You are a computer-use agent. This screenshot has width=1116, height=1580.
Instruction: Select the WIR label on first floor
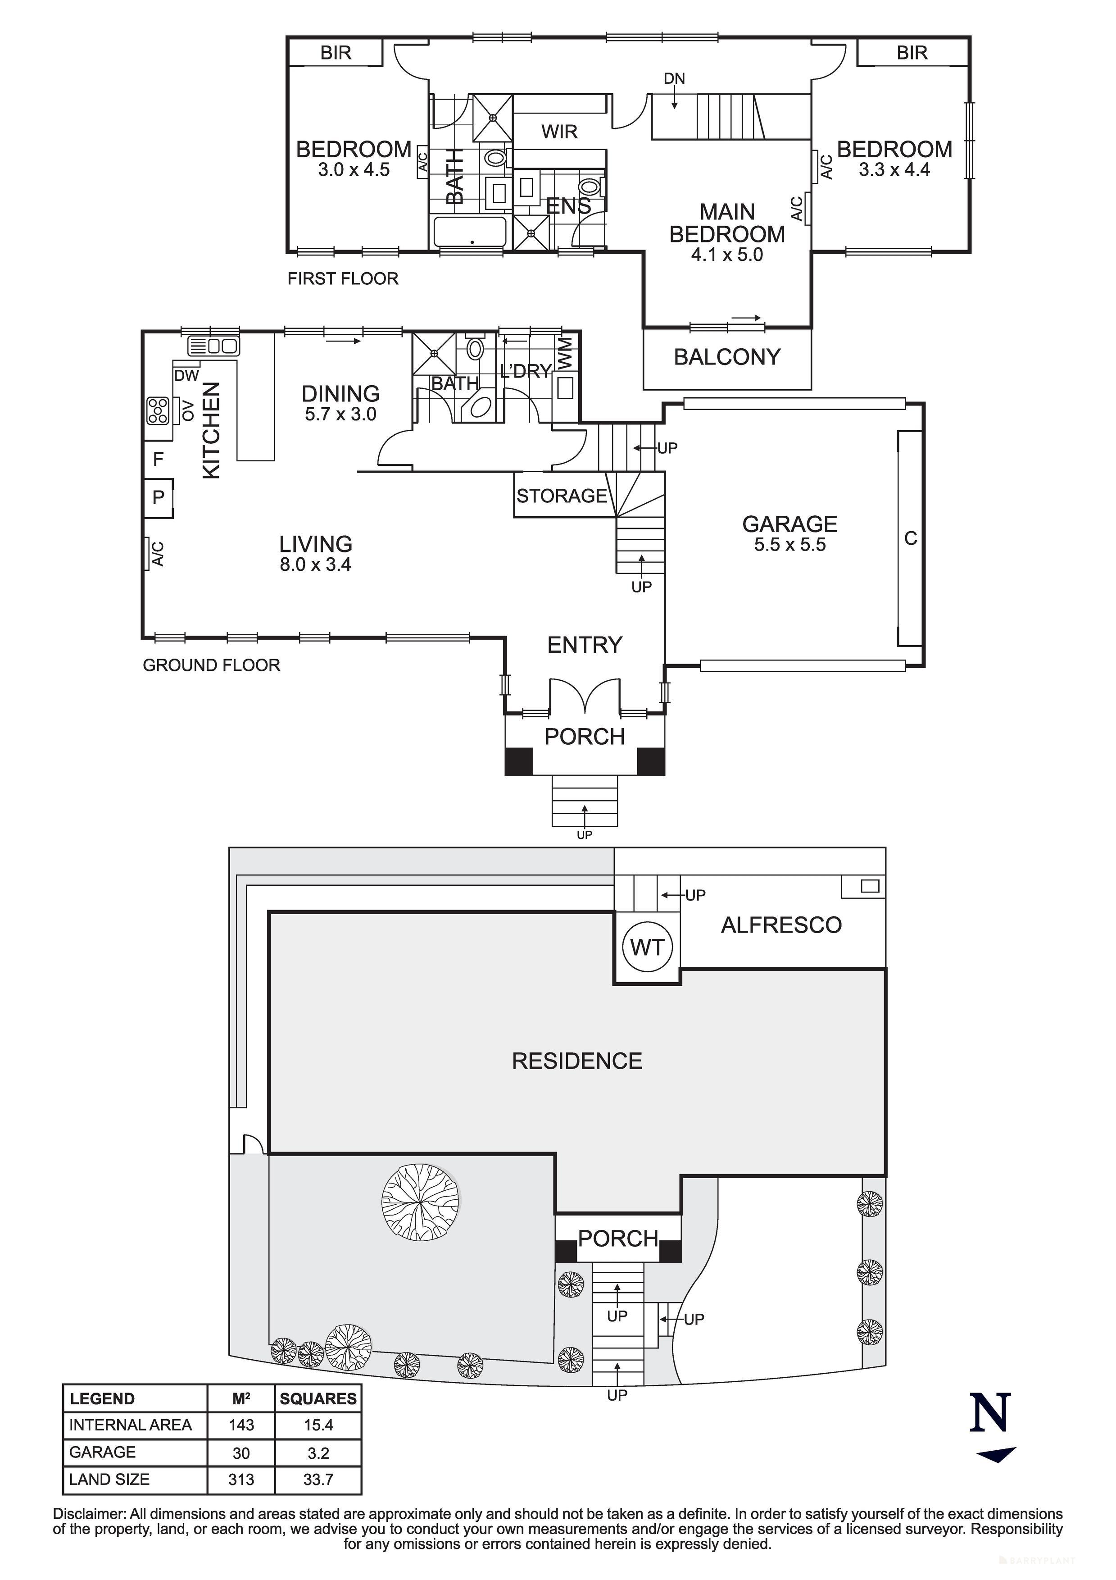point(559,132)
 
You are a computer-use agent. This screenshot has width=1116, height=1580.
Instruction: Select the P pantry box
point(158,497)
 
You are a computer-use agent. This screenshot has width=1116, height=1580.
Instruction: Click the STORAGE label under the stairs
point(562,496)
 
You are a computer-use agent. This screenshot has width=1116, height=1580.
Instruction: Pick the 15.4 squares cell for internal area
point(318,1425)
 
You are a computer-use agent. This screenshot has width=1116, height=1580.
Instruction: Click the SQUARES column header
point(318,1398)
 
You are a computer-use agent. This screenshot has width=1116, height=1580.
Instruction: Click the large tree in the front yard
point(420,1199)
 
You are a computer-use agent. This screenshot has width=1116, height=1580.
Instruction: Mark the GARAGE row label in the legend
point(103,1452)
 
